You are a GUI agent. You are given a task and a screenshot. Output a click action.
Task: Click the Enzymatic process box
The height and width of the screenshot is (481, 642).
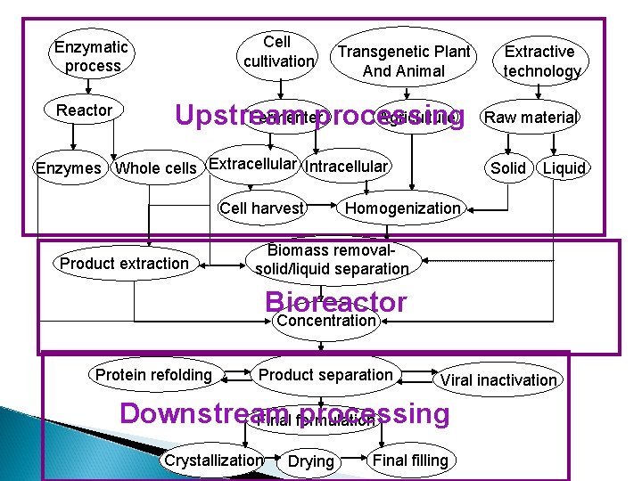[x=91, y=56]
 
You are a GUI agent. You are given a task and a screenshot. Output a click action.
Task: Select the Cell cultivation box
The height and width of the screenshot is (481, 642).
[x=278, y=52]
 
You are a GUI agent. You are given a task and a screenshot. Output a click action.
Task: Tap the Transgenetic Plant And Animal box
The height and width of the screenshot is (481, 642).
[x=403, y=61]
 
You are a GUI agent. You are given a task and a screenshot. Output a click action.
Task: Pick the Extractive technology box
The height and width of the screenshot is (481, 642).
[x=541, y=61]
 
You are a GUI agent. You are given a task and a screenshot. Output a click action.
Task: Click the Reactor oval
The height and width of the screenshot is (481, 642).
[x=84, y=110]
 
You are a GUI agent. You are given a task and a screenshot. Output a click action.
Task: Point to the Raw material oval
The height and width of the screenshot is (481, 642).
[x=531, y=117]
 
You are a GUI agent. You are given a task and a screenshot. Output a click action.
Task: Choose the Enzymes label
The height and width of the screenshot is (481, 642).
[x=68, y=168]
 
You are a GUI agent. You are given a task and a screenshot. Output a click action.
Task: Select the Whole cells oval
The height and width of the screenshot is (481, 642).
[x=157, y=168]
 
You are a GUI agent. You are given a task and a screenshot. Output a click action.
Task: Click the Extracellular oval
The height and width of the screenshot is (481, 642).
[x=251, y=164]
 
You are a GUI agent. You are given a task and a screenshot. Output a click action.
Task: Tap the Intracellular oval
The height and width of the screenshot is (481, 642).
[x=347, y=167]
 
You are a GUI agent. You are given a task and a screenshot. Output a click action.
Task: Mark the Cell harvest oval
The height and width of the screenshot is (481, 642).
[x=261, y=208]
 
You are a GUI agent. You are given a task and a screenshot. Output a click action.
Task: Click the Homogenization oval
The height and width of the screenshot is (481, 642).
[x=402, y=208]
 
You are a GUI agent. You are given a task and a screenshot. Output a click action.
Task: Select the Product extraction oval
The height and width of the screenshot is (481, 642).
[x=124, y=263]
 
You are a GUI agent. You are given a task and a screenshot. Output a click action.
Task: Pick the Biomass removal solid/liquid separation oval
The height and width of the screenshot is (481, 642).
[x=332, y=259]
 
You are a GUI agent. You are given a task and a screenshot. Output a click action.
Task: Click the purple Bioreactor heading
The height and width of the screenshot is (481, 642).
[x=335, y=302]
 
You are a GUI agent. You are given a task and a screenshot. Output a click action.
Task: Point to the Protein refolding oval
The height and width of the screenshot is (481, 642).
[x=153, y=375]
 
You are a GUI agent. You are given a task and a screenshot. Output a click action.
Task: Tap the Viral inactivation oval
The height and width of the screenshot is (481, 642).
[x=498, y=380]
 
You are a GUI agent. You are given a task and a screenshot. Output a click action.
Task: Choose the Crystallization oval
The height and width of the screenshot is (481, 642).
[x=214, y=460]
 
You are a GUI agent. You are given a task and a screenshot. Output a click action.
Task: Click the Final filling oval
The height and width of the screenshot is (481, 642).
[x=410, y=460]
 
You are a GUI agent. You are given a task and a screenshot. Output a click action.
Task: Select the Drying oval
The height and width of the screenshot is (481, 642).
[x=311, y=461]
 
